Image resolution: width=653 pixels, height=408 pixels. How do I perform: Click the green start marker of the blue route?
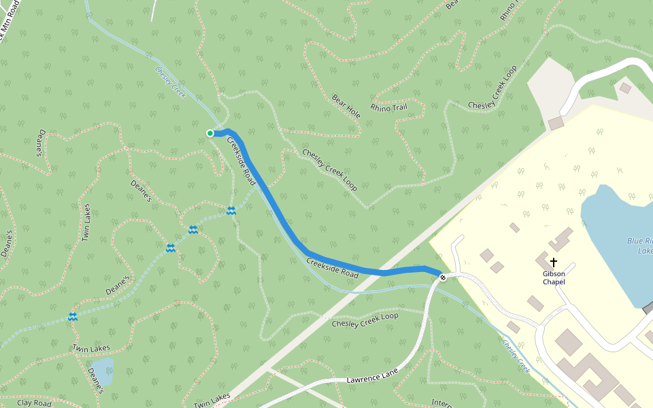click(x=210, y=133)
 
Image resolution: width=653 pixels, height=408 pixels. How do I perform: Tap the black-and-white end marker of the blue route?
click(x=443, y=277)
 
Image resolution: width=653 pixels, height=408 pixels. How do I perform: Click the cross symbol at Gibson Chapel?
click(x=554, y=262)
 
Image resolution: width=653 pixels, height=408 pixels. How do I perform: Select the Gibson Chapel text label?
click(x=554, y=277)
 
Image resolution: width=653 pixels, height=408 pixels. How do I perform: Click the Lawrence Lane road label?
click(x=371, y=373)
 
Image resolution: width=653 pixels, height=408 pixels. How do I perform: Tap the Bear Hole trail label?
click(x=346, y=106)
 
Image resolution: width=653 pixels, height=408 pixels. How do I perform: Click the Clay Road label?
click(x=34, y=403)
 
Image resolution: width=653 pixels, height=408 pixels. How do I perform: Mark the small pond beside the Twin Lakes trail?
click(x=102, y=371)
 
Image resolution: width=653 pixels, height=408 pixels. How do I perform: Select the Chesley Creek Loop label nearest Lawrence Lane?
click(x=365, y=320)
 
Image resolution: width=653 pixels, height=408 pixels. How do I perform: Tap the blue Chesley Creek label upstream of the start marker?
click(x=170, y=82)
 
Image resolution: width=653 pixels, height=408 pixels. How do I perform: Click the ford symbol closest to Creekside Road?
click(x=231, y=211)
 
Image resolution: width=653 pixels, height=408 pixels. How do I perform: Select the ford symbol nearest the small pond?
click(x=72, y=317)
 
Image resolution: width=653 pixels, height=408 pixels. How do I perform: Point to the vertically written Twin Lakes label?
click(x=86, y=222)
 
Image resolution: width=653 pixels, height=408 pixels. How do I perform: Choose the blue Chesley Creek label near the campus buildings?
click(x=515, y=356)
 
